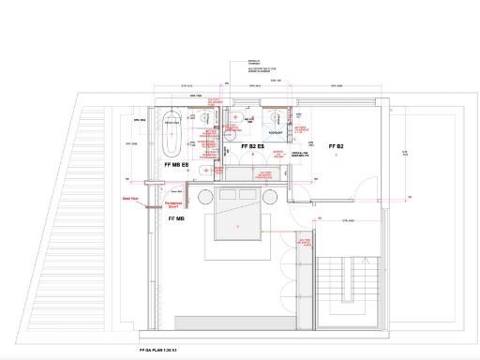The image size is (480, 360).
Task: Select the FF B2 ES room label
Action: tap(249, 148)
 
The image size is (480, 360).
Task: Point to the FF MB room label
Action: tap(176, 217)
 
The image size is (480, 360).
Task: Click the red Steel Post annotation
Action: tap(129, 199)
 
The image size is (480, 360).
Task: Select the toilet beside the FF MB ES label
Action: tap(207, 168)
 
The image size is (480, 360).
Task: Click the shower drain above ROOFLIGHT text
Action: tap(277, 118)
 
